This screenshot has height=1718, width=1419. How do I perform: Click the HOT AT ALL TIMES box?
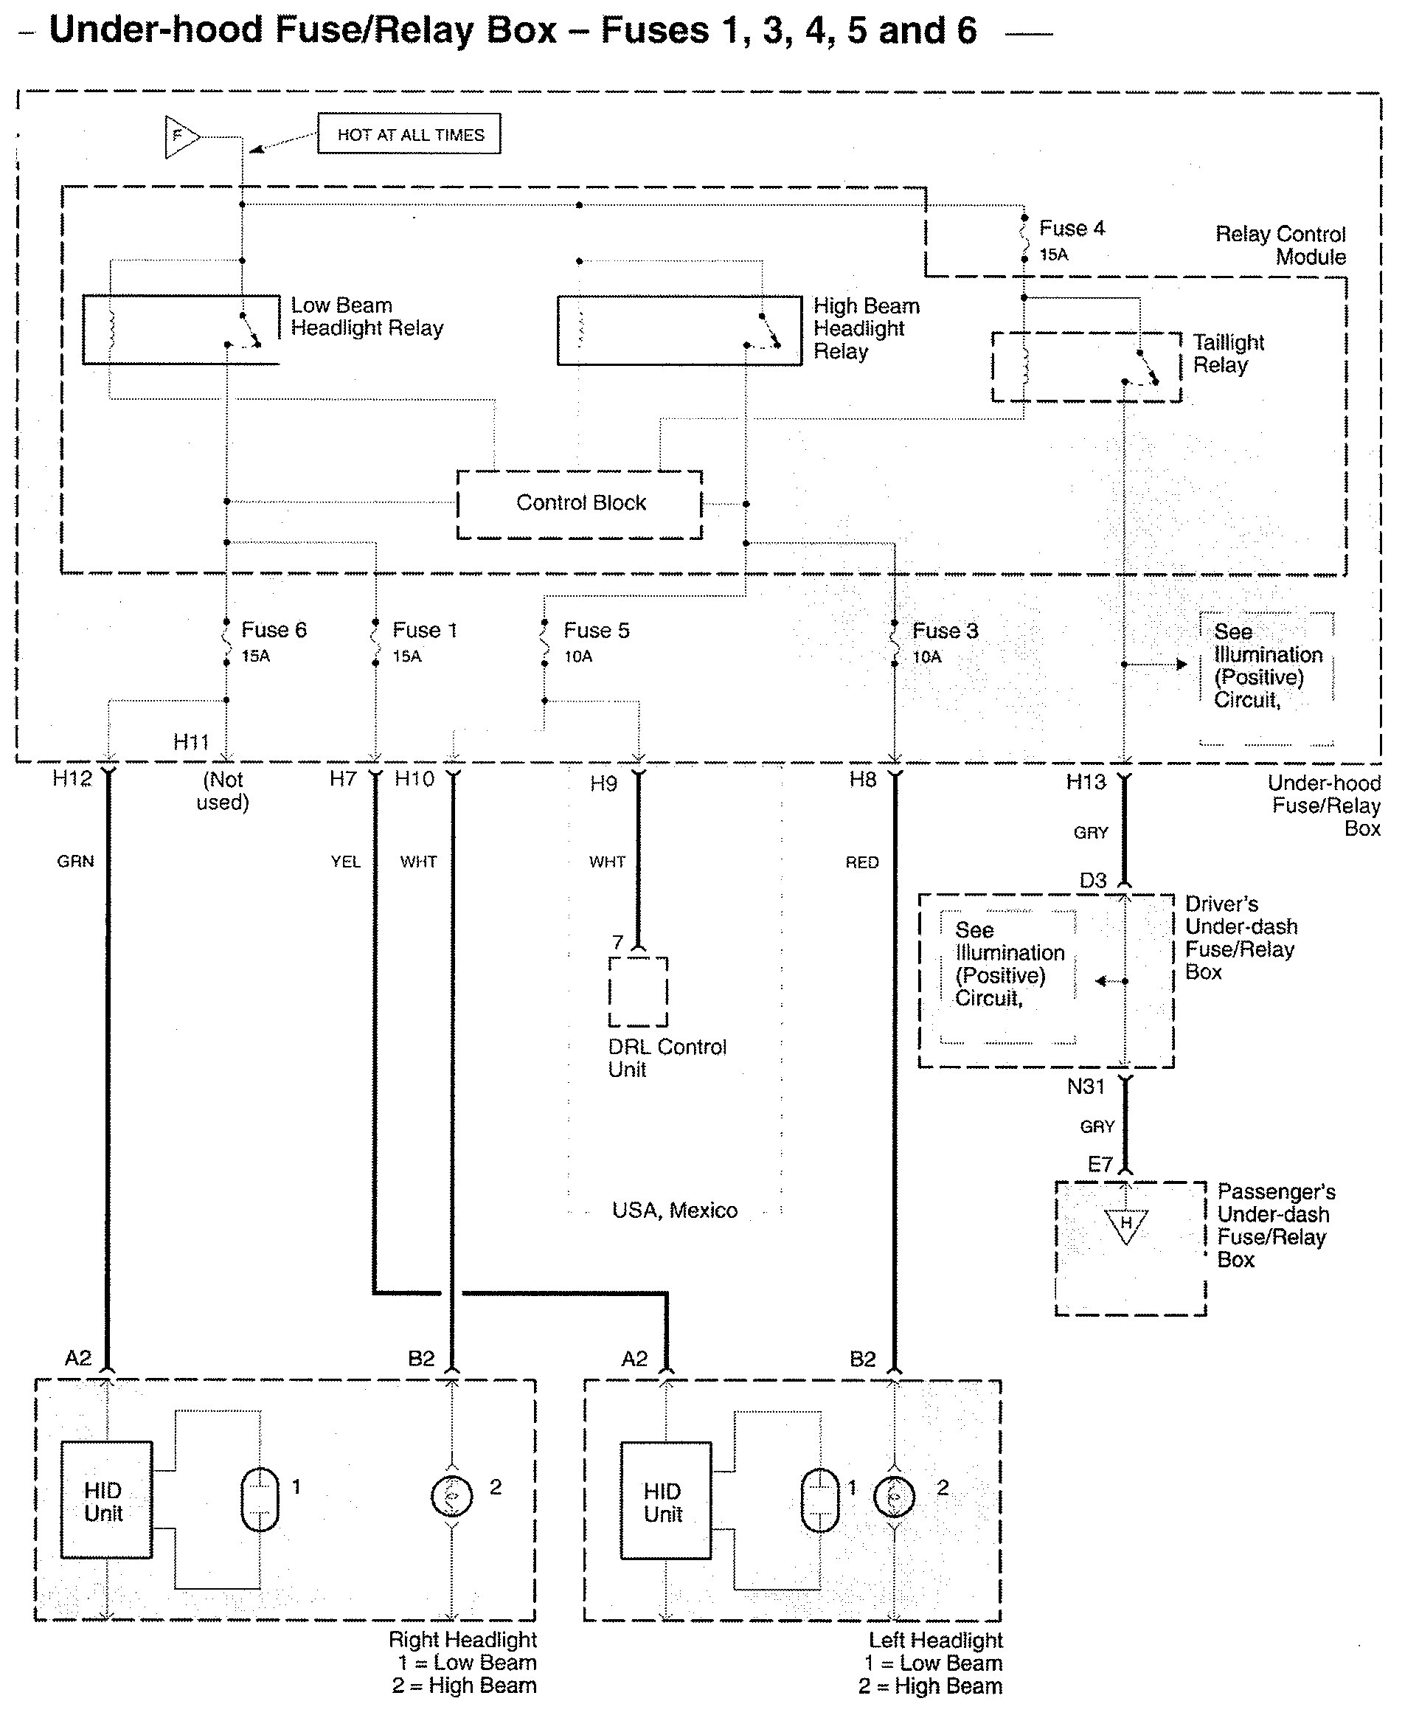click(409, 134)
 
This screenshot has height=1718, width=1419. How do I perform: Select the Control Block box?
click(580, 504)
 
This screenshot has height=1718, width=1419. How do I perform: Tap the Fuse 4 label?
click(1071, 228)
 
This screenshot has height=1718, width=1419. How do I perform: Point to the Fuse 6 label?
click(273, 629)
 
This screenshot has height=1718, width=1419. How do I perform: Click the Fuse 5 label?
click(596, 630)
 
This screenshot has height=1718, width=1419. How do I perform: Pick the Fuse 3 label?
click(944, 631)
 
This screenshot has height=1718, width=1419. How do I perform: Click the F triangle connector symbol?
click(180, 136)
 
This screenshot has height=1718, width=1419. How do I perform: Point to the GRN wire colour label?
click(75, 862)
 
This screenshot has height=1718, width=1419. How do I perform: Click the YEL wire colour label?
click(345, 862)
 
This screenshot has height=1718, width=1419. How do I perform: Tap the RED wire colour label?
click(861, 862)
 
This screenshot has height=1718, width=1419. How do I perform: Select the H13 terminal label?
click(1086, 782)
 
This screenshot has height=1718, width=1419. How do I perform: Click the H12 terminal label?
click(72, 778)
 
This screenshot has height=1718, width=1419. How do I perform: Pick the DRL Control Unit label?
click(666, 1058)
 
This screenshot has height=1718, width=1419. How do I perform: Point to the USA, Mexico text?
click(674, 1210)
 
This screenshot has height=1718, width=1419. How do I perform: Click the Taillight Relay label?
click(1228, 353)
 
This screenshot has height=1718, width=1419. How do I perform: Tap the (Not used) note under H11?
click(222, 790)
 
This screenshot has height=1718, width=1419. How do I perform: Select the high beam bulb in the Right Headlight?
click(451, 1496)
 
